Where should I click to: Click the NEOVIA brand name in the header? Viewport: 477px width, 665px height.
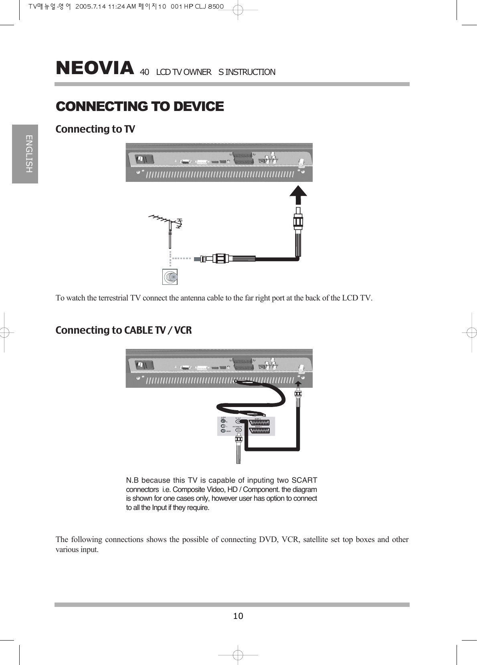click(95, 68)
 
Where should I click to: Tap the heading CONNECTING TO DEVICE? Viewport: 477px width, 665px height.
click(139, 107)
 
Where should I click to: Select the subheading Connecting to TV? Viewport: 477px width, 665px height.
click(95, 129)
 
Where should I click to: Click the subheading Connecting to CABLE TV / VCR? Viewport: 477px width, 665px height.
click(123, 330)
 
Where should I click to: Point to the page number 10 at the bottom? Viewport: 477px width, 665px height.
click(238, 616)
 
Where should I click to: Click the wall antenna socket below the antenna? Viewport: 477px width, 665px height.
click(170, 277)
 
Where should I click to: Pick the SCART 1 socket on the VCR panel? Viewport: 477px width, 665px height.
click(263, 431)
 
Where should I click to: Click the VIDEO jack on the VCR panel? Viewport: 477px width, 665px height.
click(223, 431)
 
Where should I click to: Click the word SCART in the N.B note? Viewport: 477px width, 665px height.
click(304, 480)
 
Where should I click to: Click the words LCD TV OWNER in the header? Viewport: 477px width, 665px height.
click(184, 72)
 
